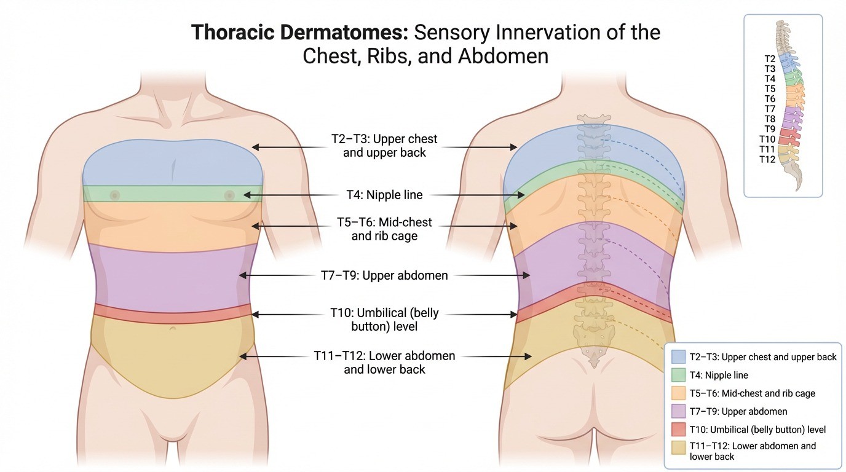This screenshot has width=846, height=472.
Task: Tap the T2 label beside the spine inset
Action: click(769, 59)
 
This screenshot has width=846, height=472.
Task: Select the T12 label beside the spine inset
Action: click(767, 159)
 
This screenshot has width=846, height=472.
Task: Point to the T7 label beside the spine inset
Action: click(769, 109)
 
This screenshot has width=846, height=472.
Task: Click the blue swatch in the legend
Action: click(678, 356)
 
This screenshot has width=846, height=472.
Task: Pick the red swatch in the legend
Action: click(678, 430)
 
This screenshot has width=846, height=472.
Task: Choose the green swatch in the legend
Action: click(678, 374)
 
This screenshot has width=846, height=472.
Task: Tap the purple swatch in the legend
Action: click(678, 411)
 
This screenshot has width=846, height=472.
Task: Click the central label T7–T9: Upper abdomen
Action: click(384, 276)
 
